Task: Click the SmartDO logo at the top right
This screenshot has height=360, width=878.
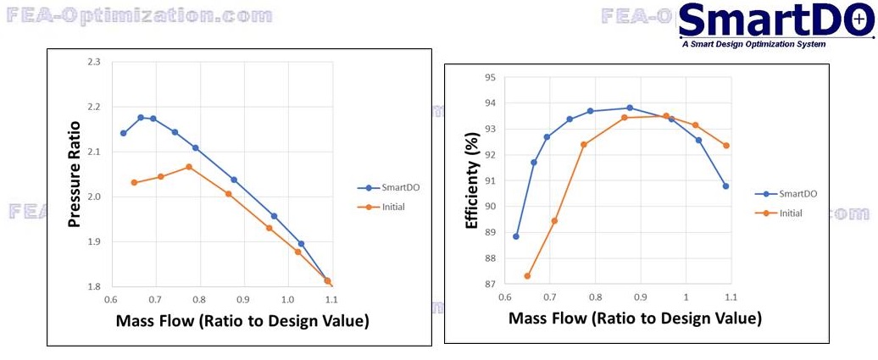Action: tap(775, 20)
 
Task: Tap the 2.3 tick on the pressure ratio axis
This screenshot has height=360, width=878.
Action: tap(93, 63)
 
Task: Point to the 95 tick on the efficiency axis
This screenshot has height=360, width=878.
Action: tap(490, 78)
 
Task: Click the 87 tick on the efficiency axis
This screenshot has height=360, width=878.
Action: tap(490, 285)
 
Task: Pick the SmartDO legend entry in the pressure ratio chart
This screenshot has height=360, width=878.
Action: tap(381, 188)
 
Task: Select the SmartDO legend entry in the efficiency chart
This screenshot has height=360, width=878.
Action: tap(786, 194)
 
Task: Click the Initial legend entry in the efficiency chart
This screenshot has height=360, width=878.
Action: tap(781, 213)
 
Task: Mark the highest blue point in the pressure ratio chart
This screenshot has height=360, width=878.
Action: tap(141, 118)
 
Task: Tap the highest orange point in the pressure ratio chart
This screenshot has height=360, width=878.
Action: tap(189, 167)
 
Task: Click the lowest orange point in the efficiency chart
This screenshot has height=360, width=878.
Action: tap(527, 276)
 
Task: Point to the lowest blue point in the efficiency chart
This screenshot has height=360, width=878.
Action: tap(516, 236)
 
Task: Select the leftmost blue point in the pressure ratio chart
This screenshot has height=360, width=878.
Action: tap(124, 133)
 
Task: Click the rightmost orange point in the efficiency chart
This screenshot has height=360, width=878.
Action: tap(726, 146)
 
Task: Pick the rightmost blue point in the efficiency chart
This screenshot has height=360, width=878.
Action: tap(725, 186)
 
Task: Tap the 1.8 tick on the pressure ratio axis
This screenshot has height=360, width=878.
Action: tap(93, 287)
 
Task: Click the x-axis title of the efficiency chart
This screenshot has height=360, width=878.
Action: tap(635, 319)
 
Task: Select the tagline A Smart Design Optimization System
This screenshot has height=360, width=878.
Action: tap(753, 44)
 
